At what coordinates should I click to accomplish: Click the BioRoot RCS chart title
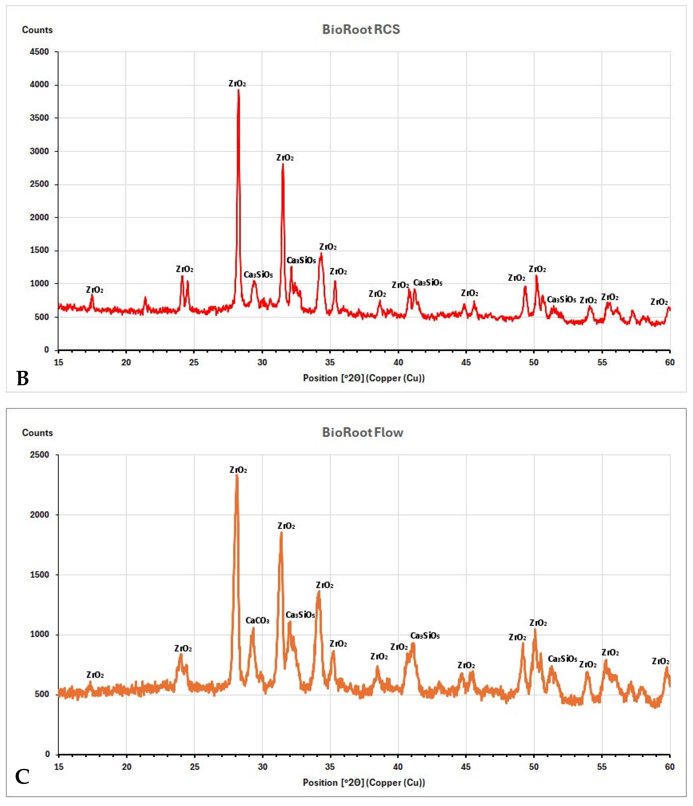[361, 29]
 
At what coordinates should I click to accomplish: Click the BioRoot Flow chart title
[362, 432]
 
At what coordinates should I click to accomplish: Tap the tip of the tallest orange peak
[237, 475]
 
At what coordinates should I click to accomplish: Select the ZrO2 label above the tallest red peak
[237, 83]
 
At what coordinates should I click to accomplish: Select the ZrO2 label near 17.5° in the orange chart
[95, 675]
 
